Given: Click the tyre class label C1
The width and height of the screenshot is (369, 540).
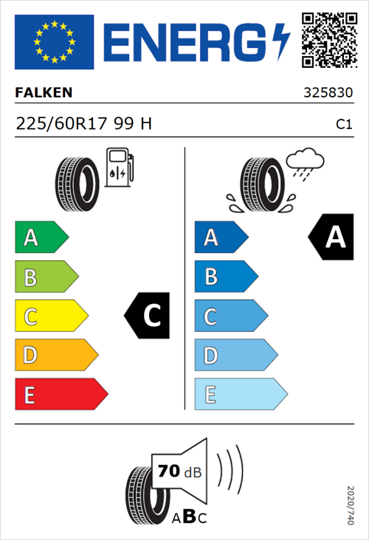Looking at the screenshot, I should (x=343, y=125).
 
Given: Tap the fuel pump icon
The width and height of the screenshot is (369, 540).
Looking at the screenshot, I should (x=119, y=167).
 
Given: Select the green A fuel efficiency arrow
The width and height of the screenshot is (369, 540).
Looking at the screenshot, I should (x=41, y=238).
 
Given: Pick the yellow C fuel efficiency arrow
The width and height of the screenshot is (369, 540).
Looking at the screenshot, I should (x=50, y=316).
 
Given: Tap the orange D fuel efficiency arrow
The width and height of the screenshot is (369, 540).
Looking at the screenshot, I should (x=55, y=356).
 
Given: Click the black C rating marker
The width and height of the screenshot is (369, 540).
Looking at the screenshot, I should (x=148, y=316).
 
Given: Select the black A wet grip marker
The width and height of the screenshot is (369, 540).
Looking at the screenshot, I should (x=330, y=238).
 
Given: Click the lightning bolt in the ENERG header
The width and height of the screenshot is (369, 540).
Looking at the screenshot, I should (x=281, y=41).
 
